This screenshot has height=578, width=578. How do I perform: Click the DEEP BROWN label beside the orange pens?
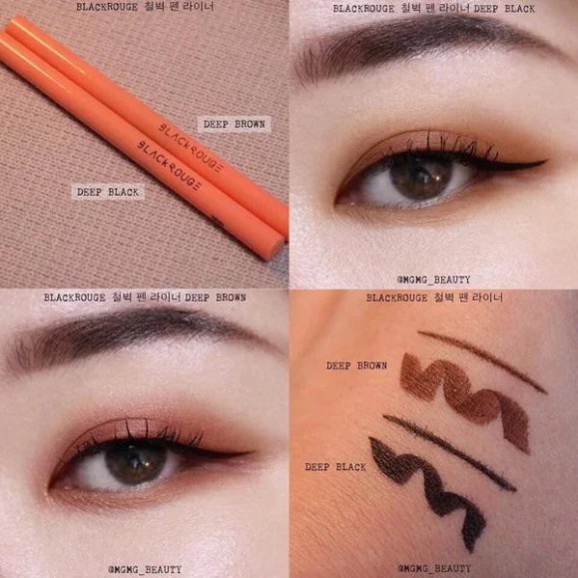(235, 125)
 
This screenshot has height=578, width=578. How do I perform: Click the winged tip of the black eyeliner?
(540, 164)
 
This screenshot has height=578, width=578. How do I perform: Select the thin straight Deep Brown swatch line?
(480, 359)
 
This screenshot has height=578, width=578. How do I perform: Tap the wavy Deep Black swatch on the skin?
(429, 485)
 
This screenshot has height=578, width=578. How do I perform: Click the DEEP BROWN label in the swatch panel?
(356, 366)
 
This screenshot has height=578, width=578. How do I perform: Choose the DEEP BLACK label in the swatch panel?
(337, 467)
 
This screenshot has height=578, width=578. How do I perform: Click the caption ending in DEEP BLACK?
(433, 8)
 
